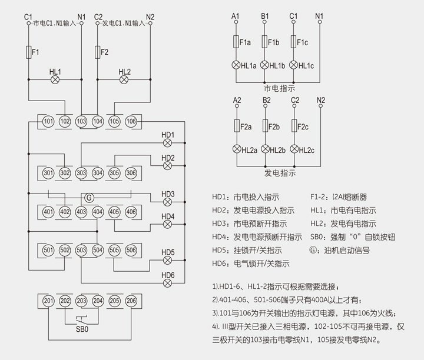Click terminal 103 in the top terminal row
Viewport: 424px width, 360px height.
point(81,121)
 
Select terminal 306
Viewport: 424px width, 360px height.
point(131,173)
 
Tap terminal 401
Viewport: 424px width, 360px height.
point(48,212)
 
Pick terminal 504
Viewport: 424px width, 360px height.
point(98,250)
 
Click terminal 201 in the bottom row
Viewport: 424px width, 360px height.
point(48,301)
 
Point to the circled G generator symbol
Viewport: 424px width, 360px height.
point(90,198)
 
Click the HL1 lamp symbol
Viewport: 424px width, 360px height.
point(55,79)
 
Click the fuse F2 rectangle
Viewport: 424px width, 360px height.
point(97,52)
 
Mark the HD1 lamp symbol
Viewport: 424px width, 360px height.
point(168,143)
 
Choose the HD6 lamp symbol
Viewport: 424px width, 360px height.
point(168,283)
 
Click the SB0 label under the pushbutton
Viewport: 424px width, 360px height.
point(82,329)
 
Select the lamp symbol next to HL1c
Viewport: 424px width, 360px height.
point(294,65)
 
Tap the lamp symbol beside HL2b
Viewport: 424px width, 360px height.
point(265,149)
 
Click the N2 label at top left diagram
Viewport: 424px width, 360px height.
point(150,16)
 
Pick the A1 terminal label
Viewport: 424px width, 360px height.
point(236,15)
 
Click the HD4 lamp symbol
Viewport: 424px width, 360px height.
point(168,224)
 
